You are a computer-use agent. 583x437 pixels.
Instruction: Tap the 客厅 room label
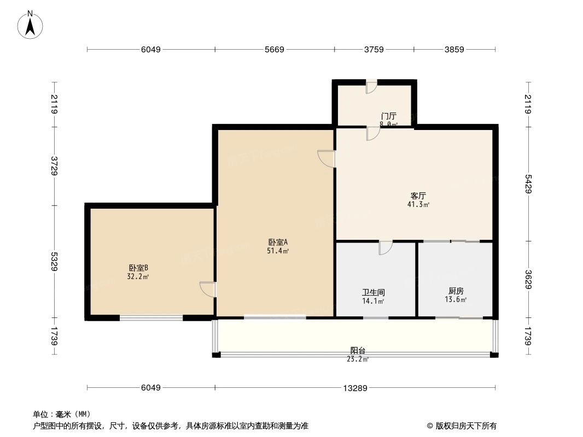418,196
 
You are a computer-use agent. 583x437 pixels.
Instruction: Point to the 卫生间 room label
374,292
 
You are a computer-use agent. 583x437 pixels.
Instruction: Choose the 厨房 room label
456,291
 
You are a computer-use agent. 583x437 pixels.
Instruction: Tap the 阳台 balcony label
358,351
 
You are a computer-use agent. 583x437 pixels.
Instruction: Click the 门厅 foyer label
388,116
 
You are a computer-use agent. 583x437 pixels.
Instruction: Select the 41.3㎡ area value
418,205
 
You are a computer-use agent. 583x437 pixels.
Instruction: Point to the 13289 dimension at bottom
355,388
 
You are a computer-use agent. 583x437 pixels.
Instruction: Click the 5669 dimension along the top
275,50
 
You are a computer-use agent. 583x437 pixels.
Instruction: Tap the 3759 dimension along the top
374,50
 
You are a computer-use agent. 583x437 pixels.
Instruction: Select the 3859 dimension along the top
454,50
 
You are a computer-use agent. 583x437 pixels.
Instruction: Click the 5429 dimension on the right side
528,183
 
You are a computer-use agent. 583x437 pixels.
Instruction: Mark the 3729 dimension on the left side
54,166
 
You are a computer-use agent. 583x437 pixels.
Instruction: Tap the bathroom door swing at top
385,247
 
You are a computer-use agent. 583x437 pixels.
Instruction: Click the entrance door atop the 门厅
371,86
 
